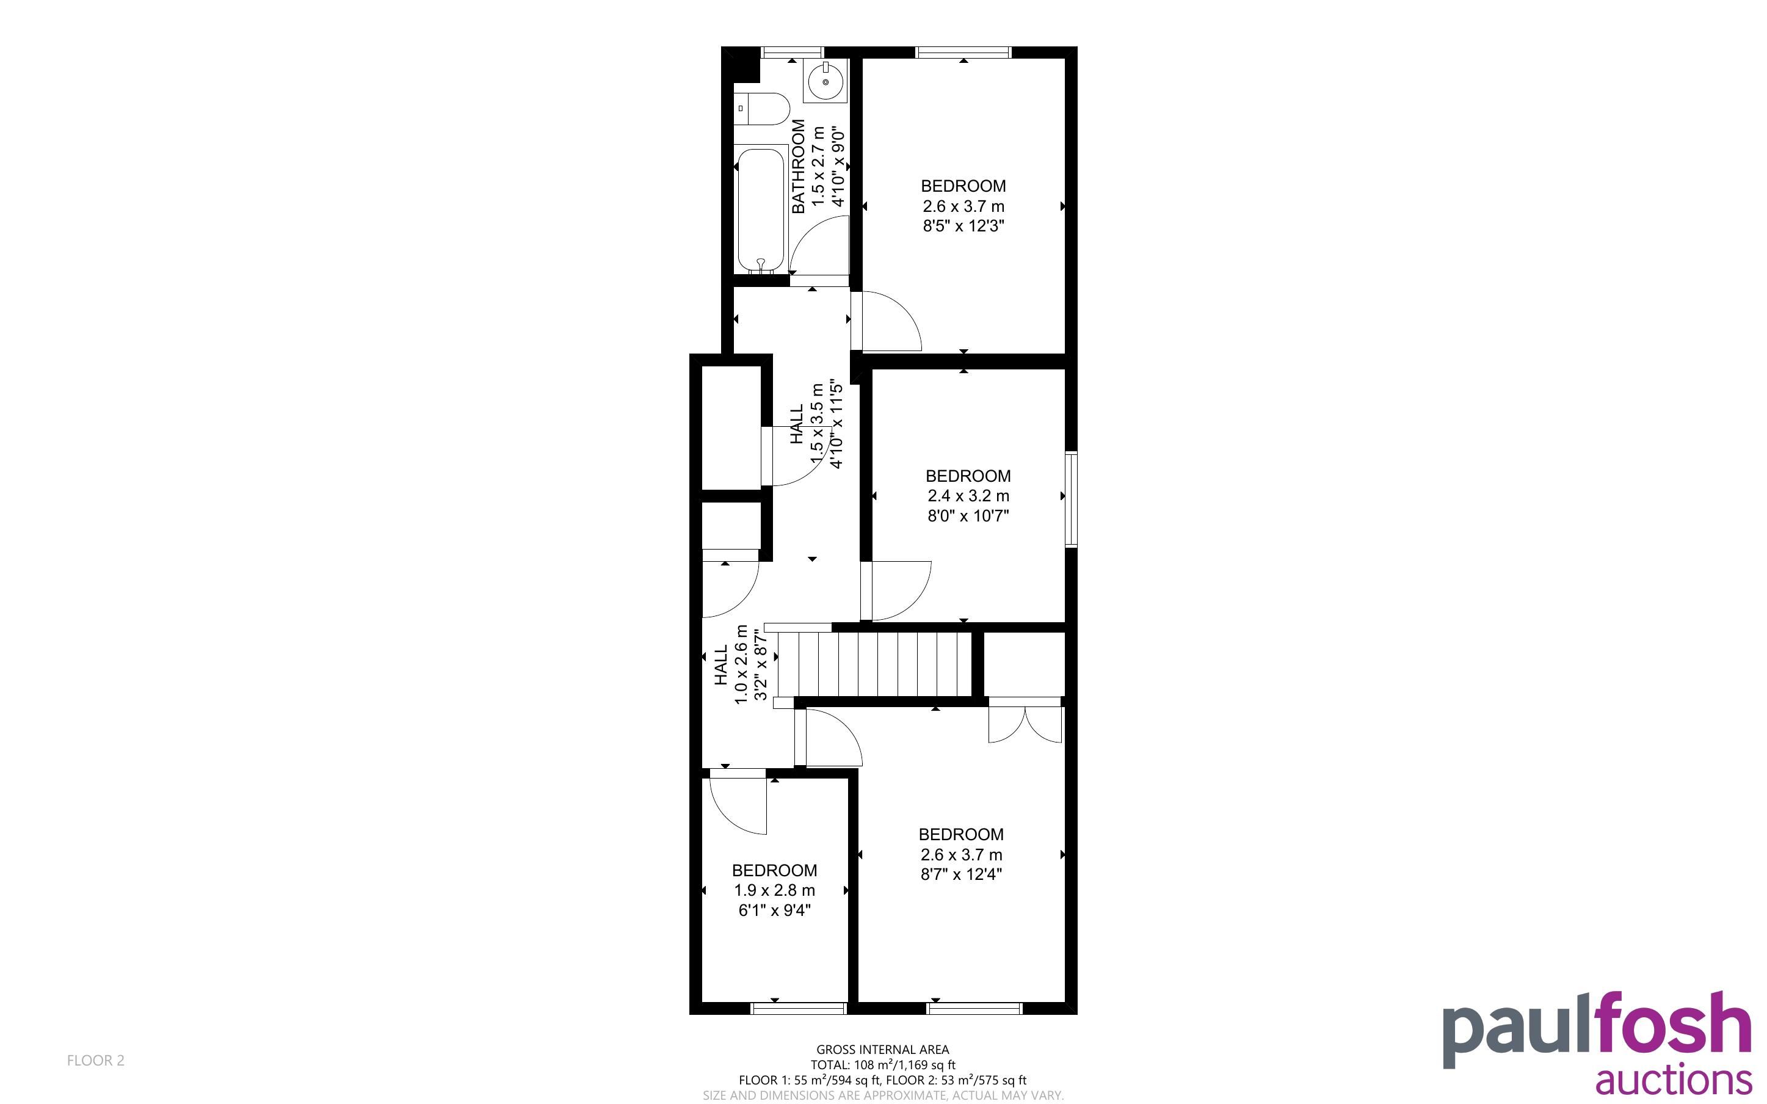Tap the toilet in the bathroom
click(x=762, y=109)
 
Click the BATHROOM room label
click(x=799, y=167)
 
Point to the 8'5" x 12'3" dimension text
click(x=963, y=227)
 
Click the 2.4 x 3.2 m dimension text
click(x=968, y=496)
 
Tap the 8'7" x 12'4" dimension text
click(x=961, y=875)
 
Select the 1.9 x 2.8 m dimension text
click(x=774, y=891)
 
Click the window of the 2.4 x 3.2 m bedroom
click(x=1072, y=499)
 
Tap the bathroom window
click(x=792, y=53)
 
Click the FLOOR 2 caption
click(x=96, y=1061)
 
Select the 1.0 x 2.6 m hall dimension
click(x=741, y=664)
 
